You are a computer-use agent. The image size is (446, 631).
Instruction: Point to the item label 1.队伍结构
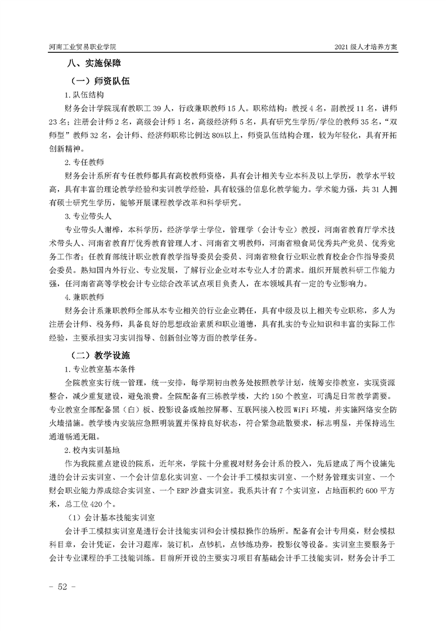point(84,96)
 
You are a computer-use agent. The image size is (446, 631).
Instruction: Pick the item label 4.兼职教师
point(84,296)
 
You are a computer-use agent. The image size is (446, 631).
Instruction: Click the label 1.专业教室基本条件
point(100,369)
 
